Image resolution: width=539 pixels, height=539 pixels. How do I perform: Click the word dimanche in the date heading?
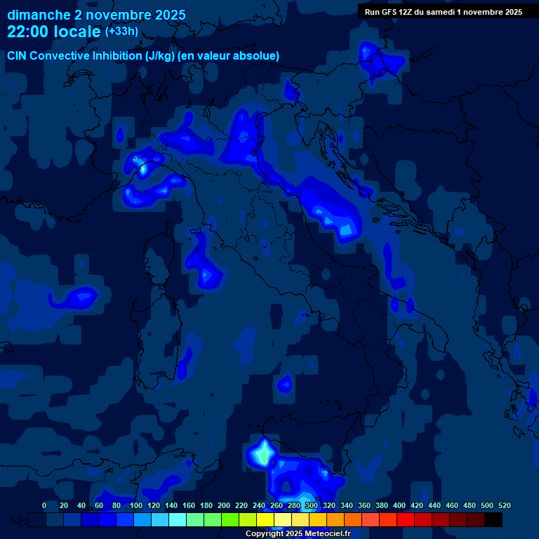(x=39, y=15)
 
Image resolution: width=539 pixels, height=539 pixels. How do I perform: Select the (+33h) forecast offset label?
(x=121, y=32)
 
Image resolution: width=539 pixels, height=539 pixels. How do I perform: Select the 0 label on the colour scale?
(x=44, y=505)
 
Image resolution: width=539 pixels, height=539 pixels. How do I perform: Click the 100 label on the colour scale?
(x=134, y=505)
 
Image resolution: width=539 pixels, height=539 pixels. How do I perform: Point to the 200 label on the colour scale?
(x=224, y=505)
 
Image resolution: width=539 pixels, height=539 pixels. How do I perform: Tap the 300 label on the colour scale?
(x=312, y=505)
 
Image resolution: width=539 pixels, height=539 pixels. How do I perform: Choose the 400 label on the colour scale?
(x=399, y=505)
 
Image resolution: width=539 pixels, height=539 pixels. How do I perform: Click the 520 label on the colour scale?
(x=505, y=505)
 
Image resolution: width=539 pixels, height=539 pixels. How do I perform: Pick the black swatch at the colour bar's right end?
(x=493, y=519)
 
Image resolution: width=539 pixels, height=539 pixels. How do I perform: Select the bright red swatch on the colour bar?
(x=406, y=519)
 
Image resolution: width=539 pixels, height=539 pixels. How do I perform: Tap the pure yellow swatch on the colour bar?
(x=265, y=519)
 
